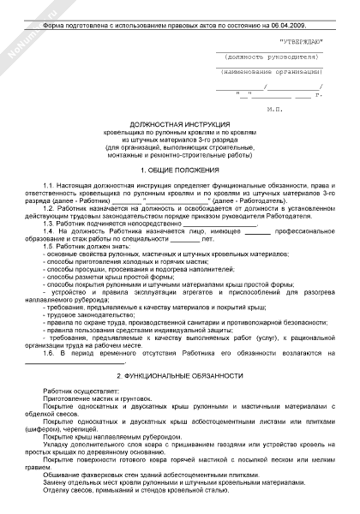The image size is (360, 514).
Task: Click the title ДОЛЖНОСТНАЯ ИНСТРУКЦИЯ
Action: click(x=181, y=125)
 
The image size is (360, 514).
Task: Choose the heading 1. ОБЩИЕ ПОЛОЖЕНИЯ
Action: click(x=180, y=170)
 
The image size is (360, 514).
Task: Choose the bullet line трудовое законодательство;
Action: click(x=78, y=314)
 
